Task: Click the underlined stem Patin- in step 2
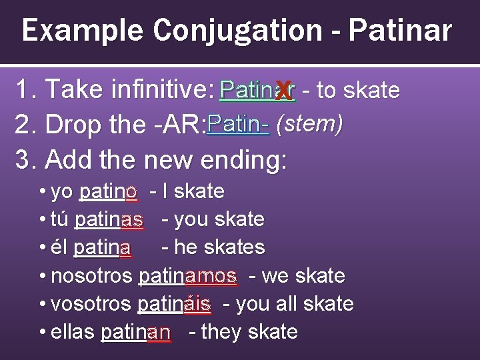point(238,125)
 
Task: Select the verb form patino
point(109,192)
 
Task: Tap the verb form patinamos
point(187,275)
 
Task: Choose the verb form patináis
point(175,304)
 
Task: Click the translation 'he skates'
point(219,247)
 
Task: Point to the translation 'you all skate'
point(295,304)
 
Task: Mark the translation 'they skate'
point(249,332)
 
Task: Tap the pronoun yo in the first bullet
point(62,192)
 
